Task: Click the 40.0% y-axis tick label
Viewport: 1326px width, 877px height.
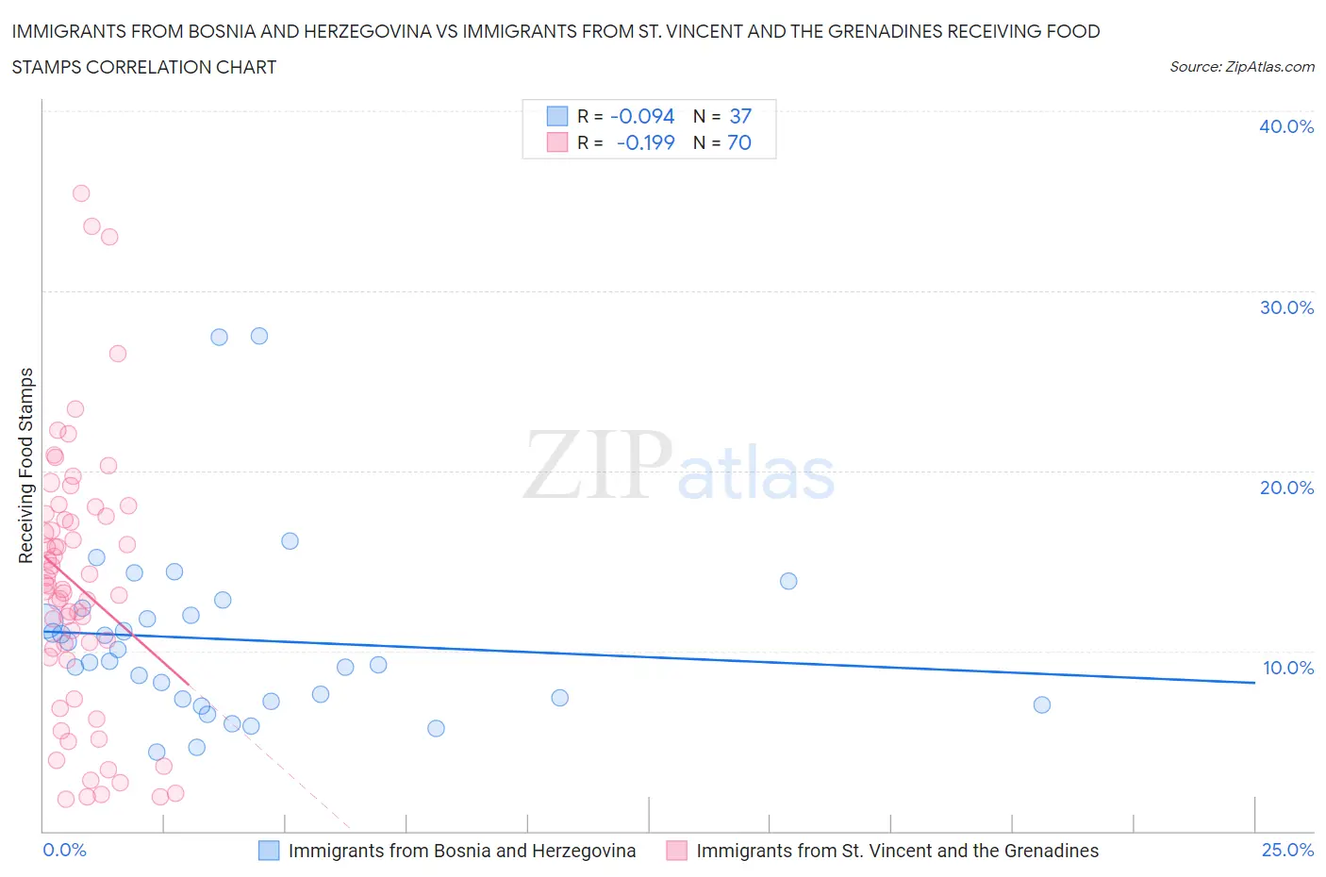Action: coord(1285,126)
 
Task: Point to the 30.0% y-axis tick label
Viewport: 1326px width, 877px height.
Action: coord(1285,307)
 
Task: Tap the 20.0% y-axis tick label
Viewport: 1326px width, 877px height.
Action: coord(1285,488)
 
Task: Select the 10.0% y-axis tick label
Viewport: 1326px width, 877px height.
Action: coord(1287,668)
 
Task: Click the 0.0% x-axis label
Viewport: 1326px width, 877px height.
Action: coord(64,850)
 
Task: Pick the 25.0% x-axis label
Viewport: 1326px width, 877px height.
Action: coord(1287,850)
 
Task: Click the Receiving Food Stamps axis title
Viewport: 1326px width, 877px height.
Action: coord(26,465)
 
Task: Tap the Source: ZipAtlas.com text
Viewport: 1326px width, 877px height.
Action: coord(1241,67)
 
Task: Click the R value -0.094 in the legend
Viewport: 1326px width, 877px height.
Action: coord(642,116)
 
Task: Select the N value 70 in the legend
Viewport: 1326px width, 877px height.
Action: coord(739,142)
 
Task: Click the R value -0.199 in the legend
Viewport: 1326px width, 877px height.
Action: coord(645,142)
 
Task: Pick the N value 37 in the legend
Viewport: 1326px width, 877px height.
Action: coord(740,116)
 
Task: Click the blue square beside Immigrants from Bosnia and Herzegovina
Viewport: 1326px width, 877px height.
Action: coord(269,851)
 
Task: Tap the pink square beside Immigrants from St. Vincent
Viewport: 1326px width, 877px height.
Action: coord(676,851)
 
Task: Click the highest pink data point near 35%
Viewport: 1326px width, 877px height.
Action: coord(81,193)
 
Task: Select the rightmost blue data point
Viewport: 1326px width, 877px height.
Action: coord(1041,704)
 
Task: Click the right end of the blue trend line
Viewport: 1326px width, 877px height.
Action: coord(1254,682)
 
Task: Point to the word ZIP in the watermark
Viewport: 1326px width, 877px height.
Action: coord(597,465)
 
